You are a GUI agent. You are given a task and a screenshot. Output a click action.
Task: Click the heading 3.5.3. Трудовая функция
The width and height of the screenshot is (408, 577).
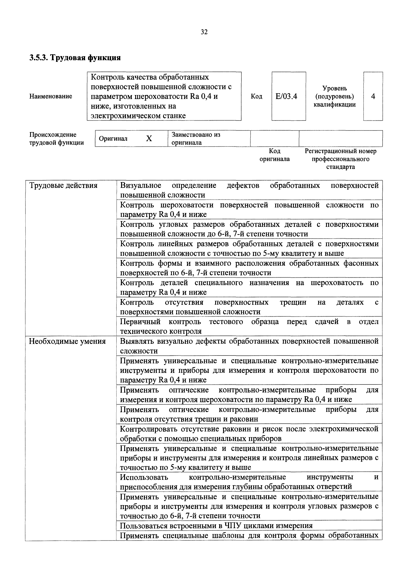tap(75, 58)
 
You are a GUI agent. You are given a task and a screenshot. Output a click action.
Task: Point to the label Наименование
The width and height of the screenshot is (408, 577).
tap(51, 96)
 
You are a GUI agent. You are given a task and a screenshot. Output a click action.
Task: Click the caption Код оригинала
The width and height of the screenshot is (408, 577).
tap(275, 155)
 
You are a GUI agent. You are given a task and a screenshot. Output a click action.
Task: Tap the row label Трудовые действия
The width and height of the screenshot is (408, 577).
tap(63, 186)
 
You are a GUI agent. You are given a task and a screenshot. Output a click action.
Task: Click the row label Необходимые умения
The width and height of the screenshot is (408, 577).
tap(67, 341)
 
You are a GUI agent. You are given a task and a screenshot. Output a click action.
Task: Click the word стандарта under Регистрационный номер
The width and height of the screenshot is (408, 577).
tap(340, 167)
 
